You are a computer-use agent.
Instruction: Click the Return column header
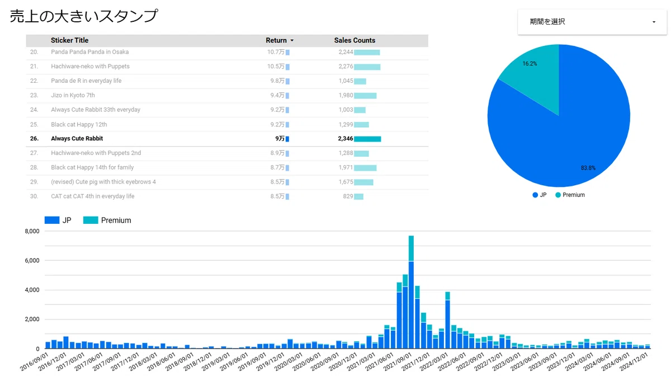click(276, 40)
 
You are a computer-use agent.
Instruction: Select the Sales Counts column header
click(355, 40)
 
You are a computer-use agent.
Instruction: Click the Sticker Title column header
click(69, 40)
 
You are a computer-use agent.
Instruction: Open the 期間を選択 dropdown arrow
click(654, 22)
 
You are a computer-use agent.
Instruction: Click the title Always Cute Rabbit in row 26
click(77, 139)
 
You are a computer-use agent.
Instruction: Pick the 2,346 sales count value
click(346, 139)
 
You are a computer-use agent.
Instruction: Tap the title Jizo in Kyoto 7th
click(73, 95)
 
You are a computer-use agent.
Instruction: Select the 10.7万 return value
click(276, 52)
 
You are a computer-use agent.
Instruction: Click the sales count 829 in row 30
click(348, 196)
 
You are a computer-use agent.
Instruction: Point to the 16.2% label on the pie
click(530, 64)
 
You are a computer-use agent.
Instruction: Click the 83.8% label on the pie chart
click(588, 168)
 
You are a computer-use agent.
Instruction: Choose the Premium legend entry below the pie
click(570, 195)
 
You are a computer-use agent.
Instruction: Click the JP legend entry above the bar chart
click(58, 220)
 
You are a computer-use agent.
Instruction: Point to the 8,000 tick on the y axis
click(32, 231)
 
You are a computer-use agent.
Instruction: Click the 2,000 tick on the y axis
click(32, 319)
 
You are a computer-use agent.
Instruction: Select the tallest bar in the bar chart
click(411, 292)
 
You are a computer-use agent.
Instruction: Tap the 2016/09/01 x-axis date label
click(34, 362)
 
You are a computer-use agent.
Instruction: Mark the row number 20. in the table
click(34, 52)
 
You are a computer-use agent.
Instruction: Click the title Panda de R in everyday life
click(86, 81)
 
